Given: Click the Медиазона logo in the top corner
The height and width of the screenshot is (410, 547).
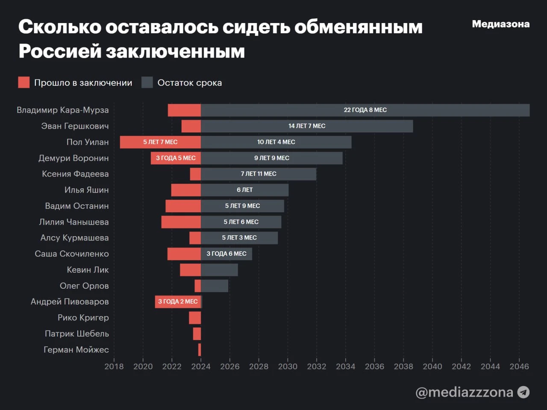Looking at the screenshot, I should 500,24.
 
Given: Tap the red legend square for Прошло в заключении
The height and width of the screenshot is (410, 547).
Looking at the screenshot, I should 24,82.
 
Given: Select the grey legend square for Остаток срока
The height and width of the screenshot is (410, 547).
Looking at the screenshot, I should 147,82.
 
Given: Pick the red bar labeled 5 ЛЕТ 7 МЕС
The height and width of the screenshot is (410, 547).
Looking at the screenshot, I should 160,142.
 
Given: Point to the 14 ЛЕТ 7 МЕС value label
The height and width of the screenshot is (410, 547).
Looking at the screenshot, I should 307,126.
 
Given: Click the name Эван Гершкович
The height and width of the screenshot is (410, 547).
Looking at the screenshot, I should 75,126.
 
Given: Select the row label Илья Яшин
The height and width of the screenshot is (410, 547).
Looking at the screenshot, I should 86,190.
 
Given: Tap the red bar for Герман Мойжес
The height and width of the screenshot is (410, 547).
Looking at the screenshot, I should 200,350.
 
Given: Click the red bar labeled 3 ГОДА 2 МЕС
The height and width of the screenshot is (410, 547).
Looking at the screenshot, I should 178,302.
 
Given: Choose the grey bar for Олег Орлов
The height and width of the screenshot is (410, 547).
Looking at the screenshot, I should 215,286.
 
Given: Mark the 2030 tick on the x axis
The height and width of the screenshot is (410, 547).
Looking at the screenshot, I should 288,366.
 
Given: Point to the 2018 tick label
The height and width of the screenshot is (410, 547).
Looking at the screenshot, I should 114,366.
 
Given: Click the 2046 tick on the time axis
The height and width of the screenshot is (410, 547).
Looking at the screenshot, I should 519,366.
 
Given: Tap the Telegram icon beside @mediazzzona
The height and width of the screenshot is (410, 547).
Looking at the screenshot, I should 523,392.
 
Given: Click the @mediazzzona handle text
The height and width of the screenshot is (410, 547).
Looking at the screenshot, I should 464,392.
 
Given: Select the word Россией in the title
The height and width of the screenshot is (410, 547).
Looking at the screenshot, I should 60,51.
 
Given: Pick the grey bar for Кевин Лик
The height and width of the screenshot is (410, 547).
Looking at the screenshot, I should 219,270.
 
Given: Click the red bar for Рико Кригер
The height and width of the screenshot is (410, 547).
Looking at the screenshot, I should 195,318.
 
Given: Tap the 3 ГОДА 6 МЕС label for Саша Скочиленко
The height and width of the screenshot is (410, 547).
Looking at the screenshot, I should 226,254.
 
